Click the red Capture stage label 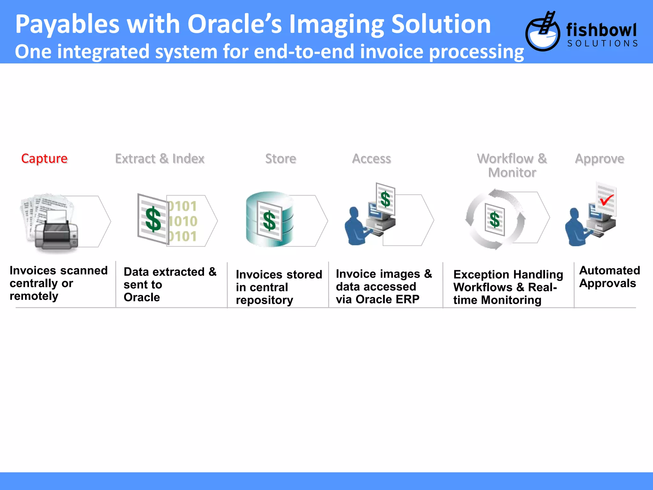(44, 159)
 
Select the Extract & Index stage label (160, 159)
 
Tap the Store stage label (281, 159)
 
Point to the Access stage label (371, 159)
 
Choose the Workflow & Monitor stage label (512, 165)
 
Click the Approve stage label (599, 159)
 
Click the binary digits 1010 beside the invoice (183, 221)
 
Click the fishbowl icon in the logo (543, 32)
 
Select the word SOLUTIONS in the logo (602, 43)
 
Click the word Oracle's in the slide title (235, 24)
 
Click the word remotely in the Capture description (34, 296)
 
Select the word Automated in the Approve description (610, 271)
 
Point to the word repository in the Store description (265, 300)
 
